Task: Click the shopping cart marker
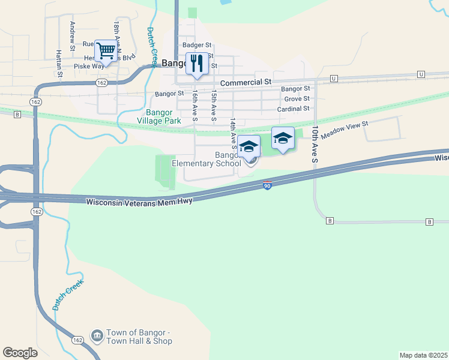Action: [106, 52]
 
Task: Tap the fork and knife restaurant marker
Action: [197, 64]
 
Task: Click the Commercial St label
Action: [246, 82]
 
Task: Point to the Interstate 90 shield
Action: [267, 186]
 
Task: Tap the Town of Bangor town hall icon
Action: [96, 335]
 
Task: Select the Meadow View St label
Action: [344, 130]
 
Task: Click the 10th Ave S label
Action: [315, 144]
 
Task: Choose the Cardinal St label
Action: [294, 109]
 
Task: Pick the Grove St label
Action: [297, 98]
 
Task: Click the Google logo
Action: [20, 353]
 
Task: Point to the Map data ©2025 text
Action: [423, 355]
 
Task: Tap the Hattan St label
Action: [59, 64]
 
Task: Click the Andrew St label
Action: [72, 35]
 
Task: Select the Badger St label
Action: [197, 44]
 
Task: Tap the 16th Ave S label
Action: [194, 103]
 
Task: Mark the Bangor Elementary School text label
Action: [206, 159]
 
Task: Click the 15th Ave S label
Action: [213, 103]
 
